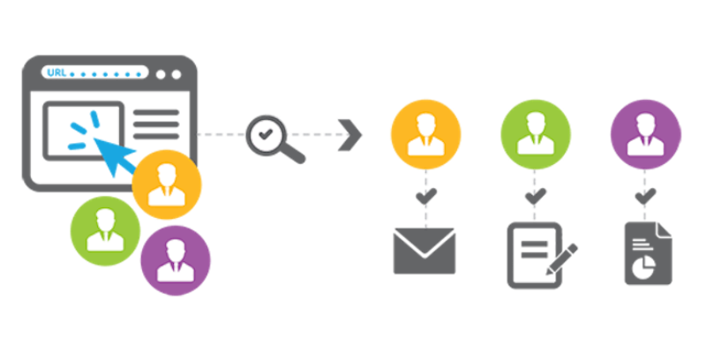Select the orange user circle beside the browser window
point(167,184)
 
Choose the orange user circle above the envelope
point(425,136)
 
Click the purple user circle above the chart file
point(645,136)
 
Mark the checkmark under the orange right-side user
point(426,195)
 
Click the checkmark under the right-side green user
point(533,195)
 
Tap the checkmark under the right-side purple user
point(646,195)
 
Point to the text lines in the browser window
point(155,125)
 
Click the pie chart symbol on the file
point(646,262)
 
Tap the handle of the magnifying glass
point(292,154)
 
